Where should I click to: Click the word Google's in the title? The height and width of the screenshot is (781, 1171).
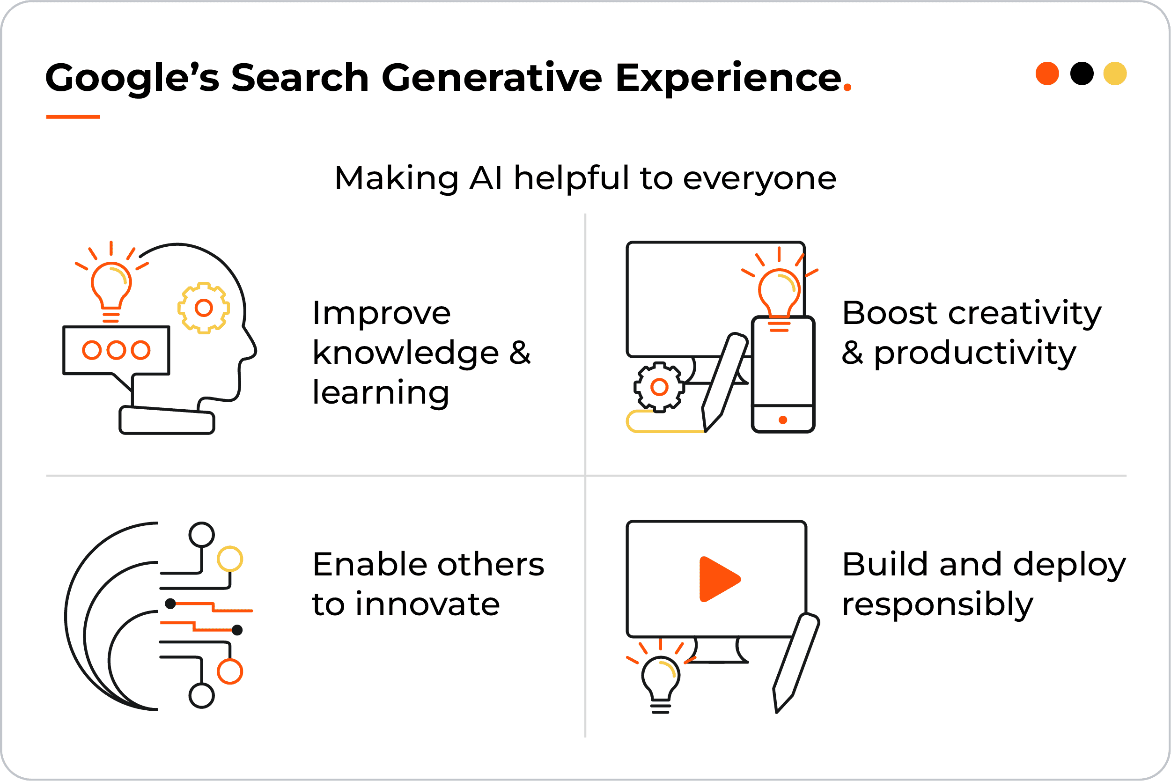click(132, 78)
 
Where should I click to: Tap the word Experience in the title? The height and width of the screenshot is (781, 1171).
click(728, 78)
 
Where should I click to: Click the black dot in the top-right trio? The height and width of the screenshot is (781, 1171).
click(1082, 74)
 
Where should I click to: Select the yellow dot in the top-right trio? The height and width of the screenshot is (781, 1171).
click(1115, 74)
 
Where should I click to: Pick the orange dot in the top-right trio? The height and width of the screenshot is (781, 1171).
click(1047, 74)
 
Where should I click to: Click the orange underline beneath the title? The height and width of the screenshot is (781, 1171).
click(73, 117)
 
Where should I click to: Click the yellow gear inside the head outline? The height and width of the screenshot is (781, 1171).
click(204, 308)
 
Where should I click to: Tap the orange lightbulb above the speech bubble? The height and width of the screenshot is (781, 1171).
click(111, 287)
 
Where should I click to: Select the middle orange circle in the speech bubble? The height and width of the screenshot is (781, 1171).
click(116, 350)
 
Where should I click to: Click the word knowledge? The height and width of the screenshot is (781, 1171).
click(405, 353)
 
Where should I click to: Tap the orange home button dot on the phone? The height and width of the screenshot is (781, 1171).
click(783, 420)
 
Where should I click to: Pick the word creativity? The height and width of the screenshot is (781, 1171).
click(1024, 313)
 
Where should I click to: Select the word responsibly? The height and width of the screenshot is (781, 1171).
click(937, 604)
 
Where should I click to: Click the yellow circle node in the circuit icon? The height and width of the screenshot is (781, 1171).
click(229, 559)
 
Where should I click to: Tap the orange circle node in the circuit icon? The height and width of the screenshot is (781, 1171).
click(229, 671)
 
